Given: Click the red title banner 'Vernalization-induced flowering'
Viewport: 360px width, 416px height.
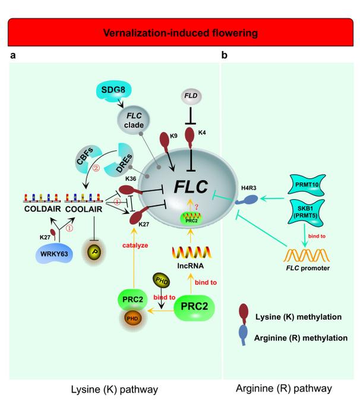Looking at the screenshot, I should pyautogui.click(x=180, y=33).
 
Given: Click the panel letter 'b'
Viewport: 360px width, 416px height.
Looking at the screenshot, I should pyautogui.click(x=224, y=56).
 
